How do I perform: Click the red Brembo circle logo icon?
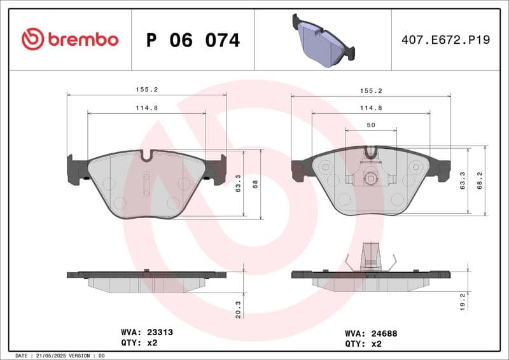[x=32, y=39]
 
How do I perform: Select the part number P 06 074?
[x=193, y=40]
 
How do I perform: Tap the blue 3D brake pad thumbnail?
[x=323, y=40]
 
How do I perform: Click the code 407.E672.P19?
[x=445, y=40]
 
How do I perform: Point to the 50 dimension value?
[x=370, y=126]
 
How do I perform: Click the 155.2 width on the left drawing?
[x=146, y=90]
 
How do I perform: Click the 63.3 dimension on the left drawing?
[x=238, y=184]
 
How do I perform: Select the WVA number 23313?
[x=160, y=332]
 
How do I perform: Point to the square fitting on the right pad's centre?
[x=371, y=179]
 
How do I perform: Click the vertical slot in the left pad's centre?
[x=146, y=184]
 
